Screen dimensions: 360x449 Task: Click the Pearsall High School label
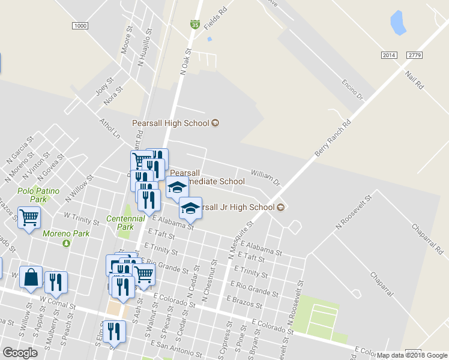(x=170, y=123)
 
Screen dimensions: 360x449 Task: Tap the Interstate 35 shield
(x=195, y=25)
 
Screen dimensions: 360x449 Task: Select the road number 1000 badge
(x=80, y=26)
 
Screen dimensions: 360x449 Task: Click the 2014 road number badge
(x=389, y=55)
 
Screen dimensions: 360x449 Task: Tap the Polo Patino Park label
(x=32, y=194)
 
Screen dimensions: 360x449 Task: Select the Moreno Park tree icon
(x=66, y=242)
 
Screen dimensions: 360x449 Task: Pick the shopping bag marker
(x=31, y=278)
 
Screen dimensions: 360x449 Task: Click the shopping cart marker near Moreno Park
(x=29, y=218)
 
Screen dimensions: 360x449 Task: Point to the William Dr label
(x=265, y=176)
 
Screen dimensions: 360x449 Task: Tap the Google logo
(x=20, y=353)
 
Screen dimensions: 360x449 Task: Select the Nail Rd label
(x=414, y=80)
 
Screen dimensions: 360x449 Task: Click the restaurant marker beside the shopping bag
(x=56, y=283)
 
